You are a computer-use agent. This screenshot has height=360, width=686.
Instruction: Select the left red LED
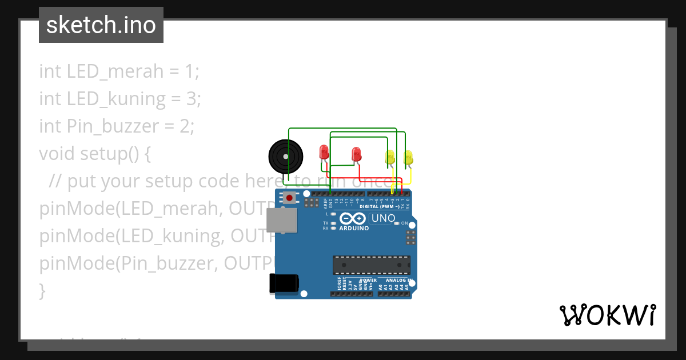(324, 152)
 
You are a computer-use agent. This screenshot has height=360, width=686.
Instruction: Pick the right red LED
(356, 154)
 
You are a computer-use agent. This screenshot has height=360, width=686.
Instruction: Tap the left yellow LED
(390, 157)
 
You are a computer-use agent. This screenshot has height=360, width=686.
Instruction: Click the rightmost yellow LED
(408, 157)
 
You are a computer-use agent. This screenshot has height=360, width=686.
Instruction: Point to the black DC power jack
(284, 283)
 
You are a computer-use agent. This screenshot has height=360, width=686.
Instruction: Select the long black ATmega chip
(372, 265)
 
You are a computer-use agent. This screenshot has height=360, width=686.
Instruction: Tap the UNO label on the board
(383, 218)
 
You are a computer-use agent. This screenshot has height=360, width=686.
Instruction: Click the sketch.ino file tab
(101, 25)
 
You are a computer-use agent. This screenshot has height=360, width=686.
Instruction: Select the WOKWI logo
(607, 315)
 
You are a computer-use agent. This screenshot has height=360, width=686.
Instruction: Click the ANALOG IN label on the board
(398, 280)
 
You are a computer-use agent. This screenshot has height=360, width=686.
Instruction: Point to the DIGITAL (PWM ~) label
(380, 206)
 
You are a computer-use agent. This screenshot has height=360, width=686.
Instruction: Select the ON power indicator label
(404, 223)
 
